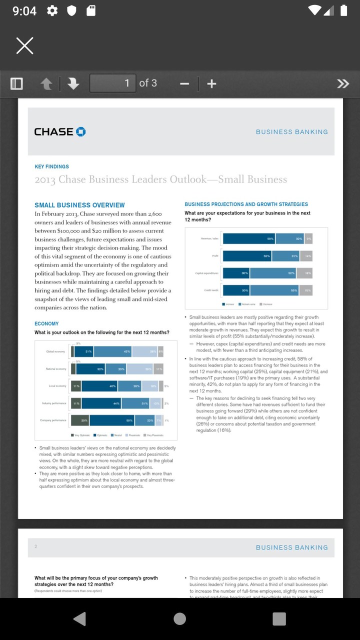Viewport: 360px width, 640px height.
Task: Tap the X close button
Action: pos(24,46)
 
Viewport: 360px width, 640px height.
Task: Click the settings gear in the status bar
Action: pos(52,10)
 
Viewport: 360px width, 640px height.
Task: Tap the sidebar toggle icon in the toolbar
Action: pos(16,83)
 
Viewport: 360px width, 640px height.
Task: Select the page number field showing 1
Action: pos(112,83)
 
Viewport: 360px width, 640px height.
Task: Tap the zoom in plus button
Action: pos(211,83)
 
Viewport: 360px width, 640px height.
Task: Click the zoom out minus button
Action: pos(184,83)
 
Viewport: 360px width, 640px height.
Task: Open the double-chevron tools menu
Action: pos(343,83)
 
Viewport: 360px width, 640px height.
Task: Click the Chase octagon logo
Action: pos(80,131)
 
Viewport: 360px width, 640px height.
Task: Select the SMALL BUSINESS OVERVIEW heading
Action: pos(79,205)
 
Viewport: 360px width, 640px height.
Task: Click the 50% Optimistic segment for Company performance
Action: pos(111,420)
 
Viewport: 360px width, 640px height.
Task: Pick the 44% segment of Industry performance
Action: pos(101,403)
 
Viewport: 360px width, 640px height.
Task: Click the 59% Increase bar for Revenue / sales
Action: pos(249,239)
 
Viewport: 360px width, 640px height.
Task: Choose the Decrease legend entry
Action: pos(265,304)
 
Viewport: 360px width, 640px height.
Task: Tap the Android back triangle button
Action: pos(79,619)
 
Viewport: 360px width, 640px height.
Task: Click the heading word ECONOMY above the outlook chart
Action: pos(46,323)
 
